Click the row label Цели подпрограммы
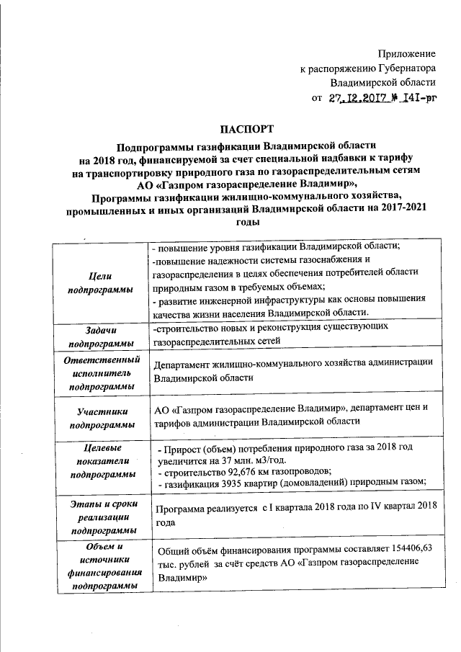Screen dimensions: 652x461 [100, 282]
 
